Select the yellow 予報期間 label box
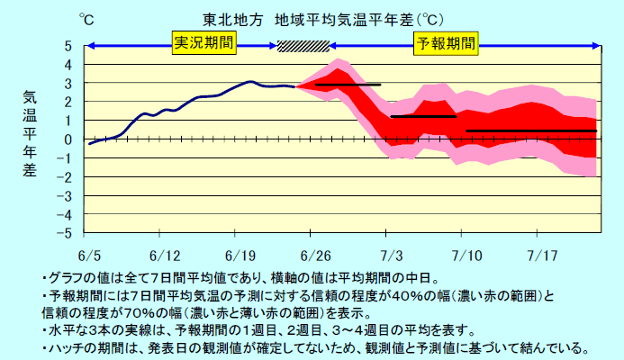(x=445, y=42)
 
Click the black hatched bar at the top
(x=303, y=46)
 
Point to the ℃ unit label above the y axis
(x=86, y=19)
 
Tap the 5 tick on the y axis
(x=68, y=46)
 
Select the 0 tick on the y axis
(x=68, y=139)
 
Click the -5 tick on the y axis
(x=65, y=233)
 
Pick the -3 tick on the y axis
(x=65, y=195)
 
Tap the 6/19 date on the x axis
(x=240, y=255)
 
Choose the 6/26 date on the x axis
(x=316, y=255)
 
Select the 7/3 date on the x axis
(x=392, y=255)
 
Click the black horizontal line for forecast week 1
(x=348, y=85)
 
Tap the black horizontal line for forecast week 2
(x=423, y=116)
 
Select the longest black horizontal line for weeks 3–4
(x=531, y=130)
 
